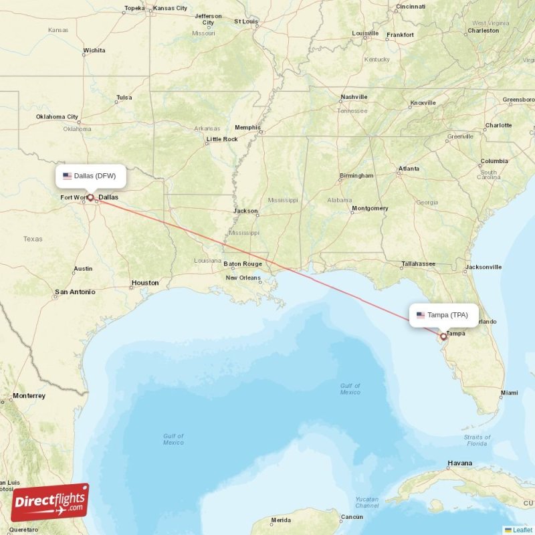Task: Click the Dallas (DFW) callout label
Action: click(90, 177)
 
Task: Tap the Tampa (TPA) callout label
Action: click(443, 315)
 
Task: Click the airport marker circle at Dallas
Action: click(90, 197)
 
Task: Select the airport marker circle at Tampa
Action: click(443, 336)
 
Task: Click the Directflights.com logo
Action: click(49, 502)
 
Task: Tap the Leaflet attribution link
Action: click(522, 530)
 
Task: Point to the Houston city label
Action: click(145, 283)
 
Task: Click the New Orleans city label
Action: click(243, 278)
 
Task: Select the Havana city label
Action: click(460, 463)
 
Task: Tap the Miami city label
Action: click(509, 393)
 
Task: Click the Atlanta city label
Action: click(409, 169)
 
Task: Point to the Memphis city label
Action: click(247, 127)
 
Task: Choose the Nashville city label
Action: click(354, 97)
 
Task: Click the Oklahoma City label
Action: click(57, 117)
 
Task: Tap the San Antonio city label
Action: click(75, 292)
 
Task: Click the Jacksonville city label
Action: click(484, 267)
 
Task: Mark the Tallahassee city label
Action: click(418, 263)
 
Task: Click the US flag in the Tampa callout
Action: click(421, 315)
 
